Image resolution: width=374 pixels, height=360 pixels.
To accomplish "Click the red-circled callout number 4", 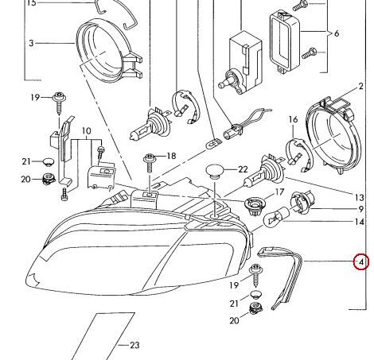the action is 360,261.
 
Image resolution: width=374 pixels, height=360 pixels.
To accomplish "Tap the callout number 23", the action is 134,345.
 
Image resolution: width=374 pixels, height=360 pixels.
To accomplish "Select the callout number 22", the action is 243,169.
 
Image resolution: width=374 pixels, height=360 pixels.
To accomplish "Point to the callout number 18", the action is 171,156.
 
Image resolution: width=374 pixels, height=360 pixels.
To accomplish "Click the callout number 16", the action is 293,119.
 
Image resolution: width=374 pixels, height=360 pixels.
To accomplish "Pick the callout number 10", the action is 87,131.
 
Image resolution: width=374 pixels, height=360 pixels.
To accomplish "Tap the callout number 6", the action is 337,33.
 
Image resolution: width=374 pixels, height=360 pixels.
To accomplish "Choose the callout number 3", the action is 31,43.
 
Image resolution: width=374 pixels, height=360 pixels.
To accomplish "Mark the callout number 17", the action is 279,192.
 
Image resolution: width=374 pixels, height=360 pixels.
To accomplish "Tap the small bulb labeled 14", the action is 274,219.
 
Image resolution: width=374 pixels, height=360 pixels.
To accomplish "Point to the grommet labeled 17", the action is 254,206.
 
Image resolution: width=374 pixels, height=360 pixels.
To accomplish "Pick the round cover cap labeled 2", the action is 333,136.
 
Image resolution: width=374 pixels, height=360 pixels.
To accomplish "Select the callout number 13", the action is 360,198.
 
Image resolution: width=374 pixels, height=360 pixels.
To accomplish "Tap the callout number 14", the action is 360,222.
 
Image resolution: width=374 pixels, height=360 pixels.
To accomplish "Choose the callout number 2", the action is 360,87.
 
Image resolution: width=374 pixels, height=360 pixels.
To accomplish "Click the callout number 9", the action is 360,209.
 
